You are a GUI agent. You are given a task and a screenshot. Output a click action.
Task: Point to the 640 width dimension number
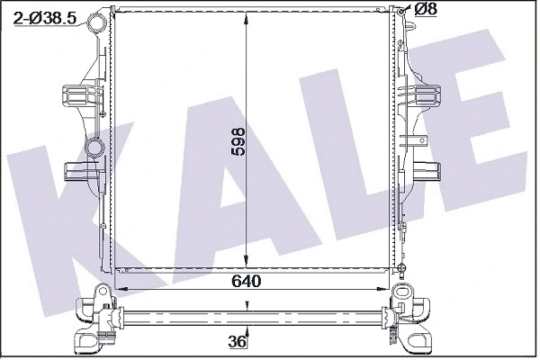[x=245, y=282]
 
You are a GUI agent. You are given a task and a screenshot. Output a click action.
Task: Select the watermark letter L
[x=360, y=171]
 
